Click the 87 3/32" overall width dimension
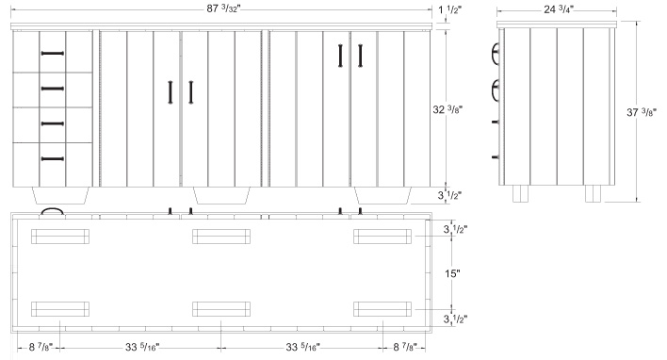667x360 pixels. tap(223, 8)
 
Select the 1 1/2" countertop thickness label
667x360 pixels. tap(449, 9)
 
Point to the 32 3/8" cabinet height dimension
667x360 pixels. tap(447, 109)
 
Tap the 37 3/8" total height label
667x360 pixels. tap(642, 112)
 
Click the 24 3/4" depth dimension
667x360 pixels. tap(559, 8)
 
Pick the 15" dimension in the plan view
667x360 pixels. tap(452, 273)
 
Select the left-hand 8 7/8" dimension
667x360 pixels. tap(40, 347)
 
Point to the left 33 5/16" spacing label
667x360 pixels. tap(142, 347)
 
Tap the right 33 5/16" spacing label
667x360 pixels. tap(302, 347)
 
